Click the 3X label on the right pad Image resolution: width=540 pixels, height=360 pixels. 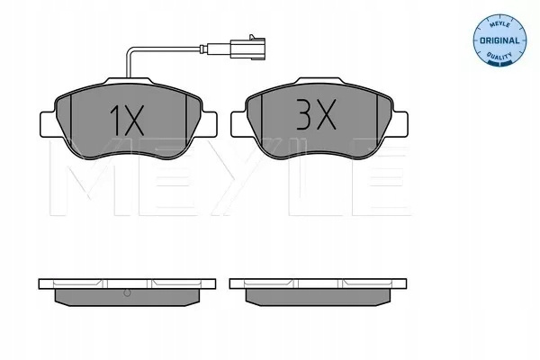(316, 114)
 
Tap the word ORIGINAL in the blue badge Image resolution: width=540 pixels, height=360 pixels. (499, 40)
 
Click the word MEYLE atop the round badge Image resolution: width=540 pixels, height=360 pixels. (499, 24)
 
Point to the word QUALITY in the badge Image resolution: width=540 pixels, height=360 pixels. (499, 56)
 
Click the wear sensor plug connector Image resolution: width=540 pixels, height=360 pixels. (247, 49)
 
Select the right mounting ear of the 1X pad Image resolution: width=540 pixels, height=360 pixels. (209, 124)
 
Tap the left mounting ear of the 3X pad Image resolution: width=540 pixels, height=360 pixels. (239, 124)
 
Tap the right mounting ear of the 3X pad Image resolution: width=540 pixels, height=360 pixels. (400, 124)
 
